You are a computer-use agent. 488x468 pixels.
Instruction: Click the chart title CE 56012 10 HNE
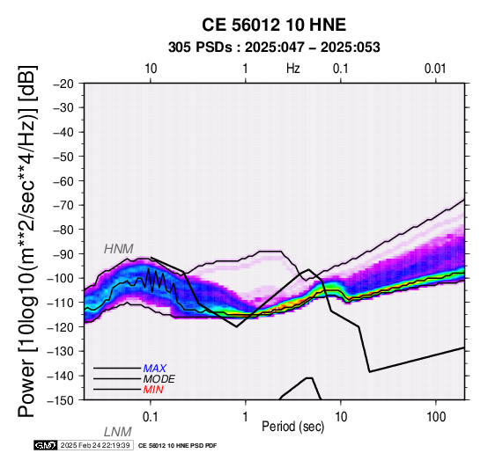point(274,25)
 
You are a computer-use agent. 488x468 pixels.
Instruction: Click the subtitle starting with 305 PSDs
point(274,48)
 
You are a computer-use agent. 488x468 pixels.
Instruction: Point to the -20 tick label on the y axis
point(63,84)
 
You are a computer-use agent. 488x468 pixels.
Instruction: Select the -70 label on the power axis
point(63,205)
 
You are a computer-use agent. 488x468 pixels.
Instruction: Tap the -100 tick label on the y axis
point(61,278)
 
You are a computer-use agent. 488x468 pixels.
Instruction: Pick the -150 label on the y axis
point(61,400)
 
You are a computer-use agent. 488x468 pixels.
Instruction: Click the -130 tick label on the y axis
point(61,351)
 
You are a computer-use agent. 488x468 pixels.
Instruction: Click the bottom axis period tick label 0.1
point(151,417)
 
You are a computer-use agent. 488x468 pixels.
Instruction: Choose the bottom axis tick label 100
point(436,417)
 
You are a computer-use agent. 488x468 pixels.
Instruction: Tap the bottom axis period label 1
point(246,417)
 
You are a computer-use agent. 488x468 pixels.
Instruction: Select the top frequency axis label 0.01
point(435,69)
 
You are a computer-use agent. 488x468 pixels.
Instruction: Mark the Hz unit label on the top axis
point(293,69)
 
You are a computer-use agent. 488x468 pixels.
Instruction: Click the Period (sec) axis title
point(292,427)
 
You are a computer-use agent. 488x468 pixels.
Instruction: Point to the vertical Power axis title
point(28,241)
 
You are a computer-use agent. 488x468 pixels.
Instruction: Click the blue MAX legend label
point(155,369)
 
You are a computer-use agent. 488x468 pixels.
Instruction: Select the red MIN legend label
point(153,390)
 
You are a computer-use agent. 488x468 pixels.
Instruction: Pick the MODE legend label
point(159,379)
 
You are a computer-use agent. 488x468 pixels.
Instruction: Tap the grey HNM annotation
point(119,249)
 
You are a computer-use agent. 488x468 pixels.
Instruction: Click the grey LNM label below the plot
point(118,432)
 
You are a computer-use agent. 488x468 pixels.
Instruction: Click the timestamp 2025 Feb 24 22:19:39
point(95,445)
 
